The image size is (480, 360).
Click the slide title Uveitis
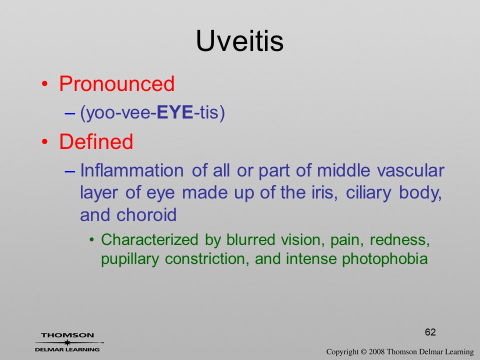pyautogui.click(x=239, y=41)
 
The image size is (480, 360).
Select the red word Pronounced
pyautogui.click(x=116, y=83)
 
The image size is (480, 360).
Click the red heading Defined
pyautogui.click(x=96, y=141)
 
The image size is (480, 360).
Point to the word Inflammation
pyautogui.click(x=132, y=170)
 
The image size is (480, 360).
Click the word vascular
pyautogui.click(x=410, y=170)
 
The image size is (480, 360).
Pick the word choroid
pyautogui.click(x=146, y=214)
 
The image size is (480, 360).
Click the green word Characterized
pyautogui.click(x=149, y=239)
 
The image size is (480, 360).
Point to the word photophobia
pyautogui.click(x=385, y=259)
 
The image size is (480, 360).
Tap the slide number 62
pyautogui.click(x=430, y=332)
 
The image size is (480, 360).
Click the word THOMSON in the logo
pyautogui.click(x=67, y=335)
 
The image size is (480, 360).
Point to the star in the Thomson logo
pyautogui.click(x=67, y=342)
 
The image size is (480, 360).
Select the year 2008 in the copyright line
pyautogui.click(x=376, y=351)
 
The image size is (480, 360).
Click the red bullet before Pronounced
pyautogui.click(x=45, y=84)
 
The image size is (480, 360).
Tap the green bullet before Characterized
pyautogui.click(x=91, y=239)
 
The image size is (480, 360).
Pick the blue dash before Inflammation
pyautogui.click(x=70, y=171)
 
